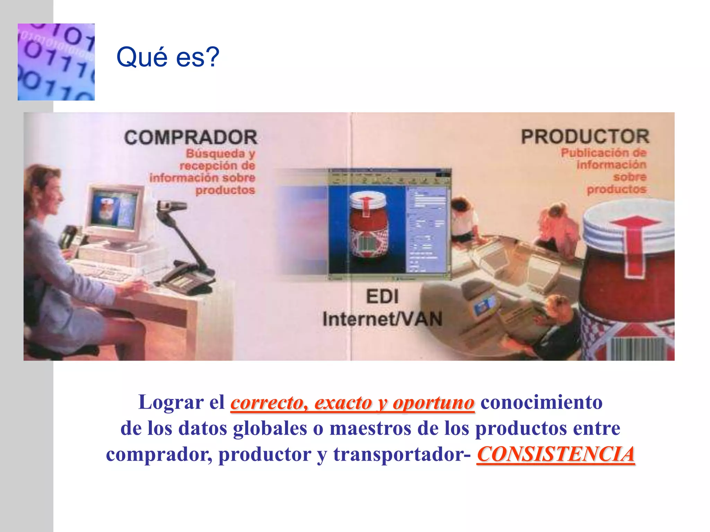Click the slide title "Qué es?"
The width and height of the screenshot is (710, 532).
point(168,57)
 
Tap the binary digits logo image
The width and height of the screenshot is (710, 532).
point(56,62)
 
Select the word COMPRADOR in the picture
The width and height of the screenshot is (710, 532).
point(191,138)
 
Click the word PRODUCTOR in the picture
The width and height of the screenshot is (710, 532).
point(585,136)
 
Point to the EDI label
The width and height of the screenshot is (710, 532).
point(382,297)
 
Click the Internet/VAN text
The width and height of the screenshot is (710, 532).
point(382,319)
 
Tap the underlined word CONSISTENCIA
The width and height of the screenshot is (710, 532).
point(556,454)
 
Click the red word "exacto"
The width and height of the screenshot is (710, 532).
point(343,403)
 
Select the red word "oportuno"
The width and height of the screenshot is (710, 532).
point(433,403)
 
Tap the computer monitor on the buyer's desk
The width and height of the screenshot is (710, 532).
point(114,211)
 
